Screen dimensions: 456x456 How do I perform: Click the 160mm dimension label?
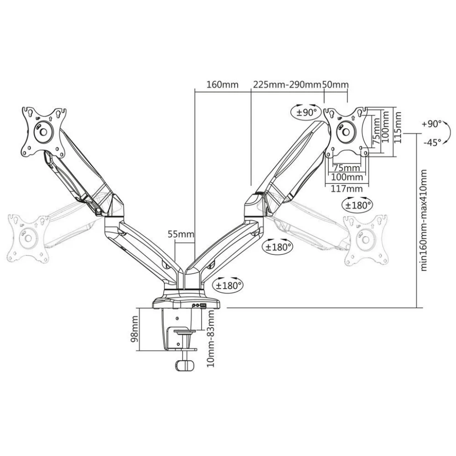pyautogui.click(x=223, y=85)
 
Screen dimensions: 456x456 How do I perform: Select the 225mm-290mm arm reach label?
pyautogui.click(x=287, y=85)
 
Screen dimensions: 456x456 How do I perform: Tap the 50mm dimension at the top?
pyautogui.click(x=335, y=85)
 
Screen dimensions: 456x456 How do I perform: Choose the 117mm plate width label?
pyautogui.click(x=347, y=189)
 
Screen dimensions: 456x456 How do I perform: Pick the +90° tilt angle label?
pyautogui.click(x=431, y=124)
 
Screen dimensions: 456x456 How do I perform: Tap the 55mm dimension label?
pyautogui.click(x=181, y=234)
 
